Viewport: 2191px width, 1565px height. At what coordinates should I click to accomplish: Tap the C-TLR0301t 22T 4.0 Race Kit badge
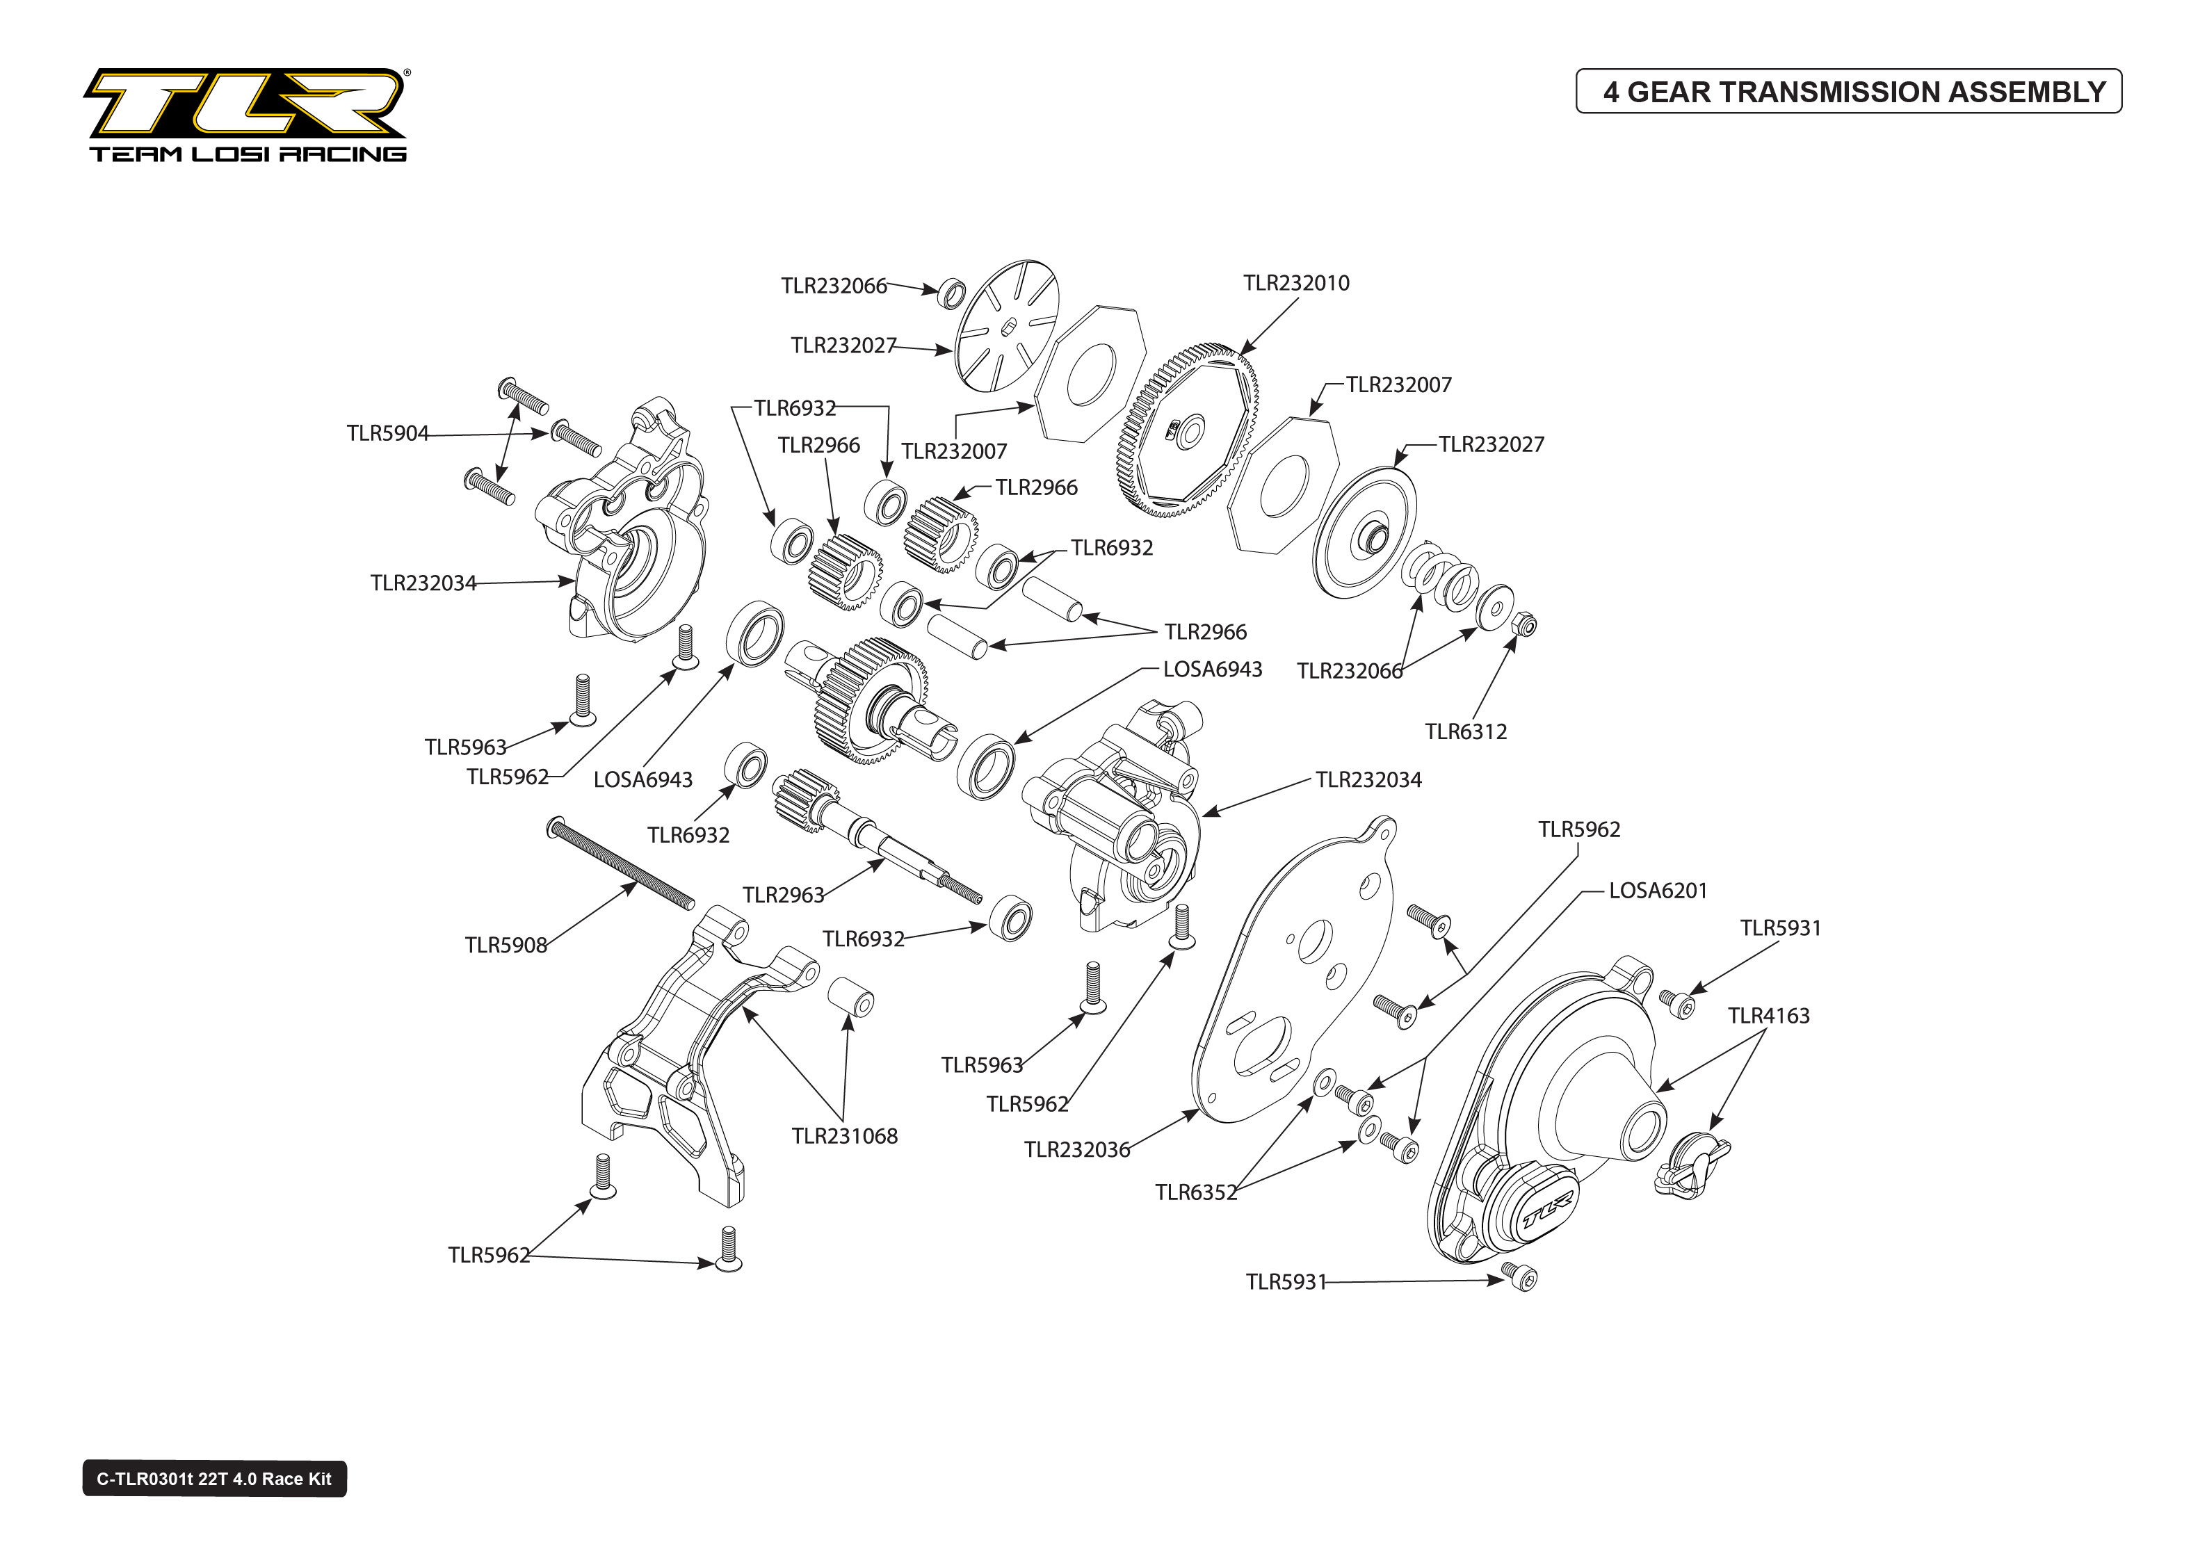pyautogui.click(x=214, y=1478)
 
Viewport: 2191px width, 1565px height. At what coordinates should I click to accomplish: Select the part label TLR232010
pyautogui.click(x=1296, y=284)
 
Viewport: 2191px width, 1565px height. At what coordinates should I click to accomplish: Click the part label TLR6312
pyautogui.click(x=1466, y=731)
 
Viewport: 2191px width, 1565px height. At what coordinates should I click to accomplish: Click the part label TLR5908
pyautogui.click(x=506, y=946)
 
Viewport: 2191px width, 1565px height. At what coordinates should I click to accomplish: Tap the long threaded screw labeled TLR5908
pyautogui.click(x=622, y=863)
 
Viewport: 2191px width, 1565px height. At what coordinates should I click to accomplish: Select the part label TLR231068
pyautogui.click(x=844, y=1136)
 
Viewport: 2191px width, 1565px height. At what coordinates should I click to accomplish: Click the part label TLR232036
pyautogui.click(x=1076, y=1150)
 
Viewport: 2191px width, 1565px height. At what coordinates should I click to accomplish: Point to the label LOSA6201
pyautogui.click(x=1657, y=891)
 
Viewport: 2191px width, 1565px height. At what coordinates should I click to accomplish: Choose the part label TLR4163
pyautogui.click(x=1768, y=1016)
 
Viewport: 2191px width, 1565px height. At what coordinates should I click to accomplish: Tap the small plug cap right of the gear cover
pyautogui.click(x=1692, y=1165)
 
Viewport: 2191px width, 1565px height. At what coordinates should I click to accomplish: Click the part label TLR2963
pyautogui.click(x=784, y=895)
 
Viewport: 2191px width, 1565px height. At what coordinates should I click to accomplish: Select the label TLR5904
pyautogui.click(x=387, y=434)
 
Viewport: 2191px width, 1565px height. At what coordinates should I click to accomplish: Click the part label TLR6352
pyautogui.click(x=1195, y=1193)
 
